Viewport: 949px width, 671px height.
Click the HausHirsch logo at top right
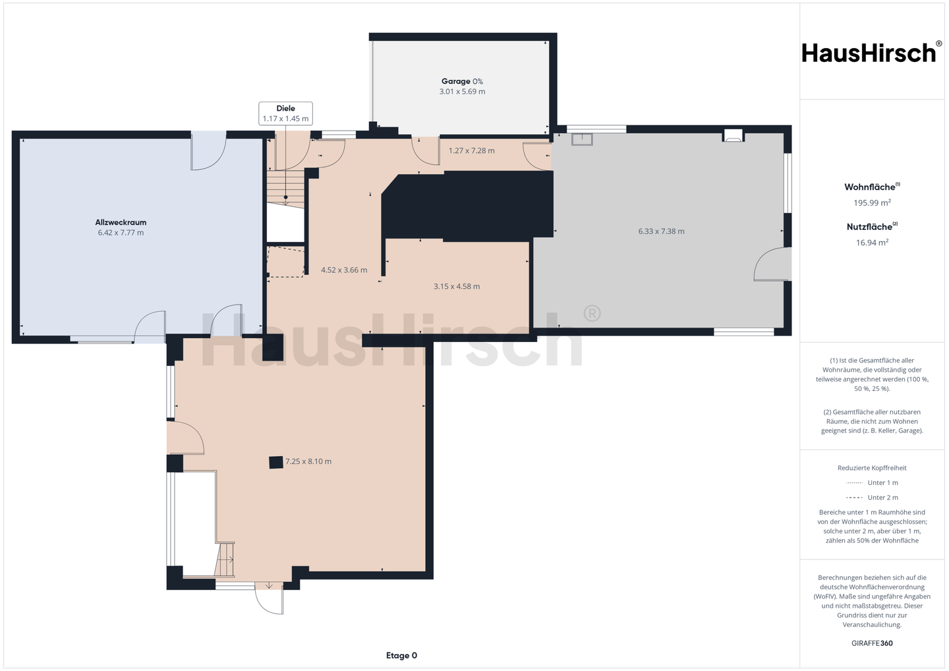(x=872, y=53)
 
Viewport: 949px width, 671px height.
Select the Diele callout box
(x=285, y=113)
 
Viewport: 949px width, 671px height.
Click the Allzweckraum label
(x=121, y=222)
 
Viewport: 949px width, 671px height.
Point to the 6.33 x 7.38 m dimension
(x=661, y=231)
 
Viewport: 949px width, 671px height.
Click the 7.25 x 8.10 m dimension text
(x=308, y=461)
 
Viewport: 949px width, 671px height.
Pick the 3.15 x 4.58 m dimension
(x=457, y=286)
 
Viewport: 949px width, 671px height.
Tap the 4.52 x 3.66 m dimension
(x=344, y=270)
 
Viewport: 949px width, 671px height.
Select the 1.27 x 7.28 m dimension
(x=472, y=150)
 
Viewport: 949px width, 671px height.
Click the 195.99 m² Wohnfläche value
(x=872, y=202)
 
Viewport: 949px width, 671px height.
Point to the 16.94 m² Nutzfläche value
(x=872, y=243)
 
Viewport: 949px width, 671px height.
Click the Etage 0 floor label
(x=401, y=655)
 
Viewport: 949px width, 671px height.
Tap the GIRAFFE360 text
(x=872, y=643)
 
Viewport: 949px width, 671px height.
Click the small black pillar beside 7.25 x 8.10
(x=276, y=462)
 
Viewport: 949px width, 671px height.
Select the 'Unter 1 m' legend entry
(x=872, y=482)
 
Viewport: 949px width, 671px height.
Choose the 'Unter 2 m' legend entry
(x=872, y=498)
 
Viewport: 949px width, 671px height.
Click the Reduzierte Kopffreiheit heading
(x=872, y=468)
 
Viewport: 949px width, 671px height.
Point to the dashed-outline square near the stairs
(x=286, y=262)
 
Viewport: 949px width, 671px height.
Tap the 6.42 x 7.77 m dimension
(x=121, y=233)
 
